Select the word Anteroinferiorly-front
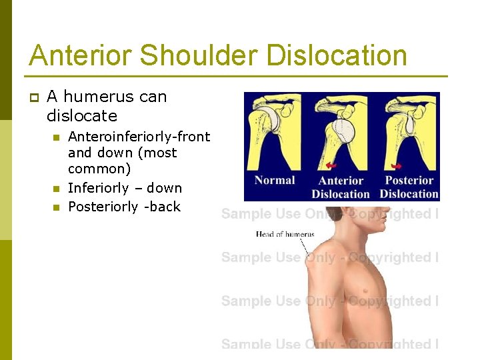[139, 137]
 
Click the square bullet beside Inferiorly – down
[55, 189]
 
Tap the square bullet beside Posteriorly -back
[55, 207]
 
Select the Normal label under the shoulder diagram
[275, 180]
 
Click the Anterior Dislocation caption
[340, 187]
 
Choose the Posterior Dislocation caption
[409, 187]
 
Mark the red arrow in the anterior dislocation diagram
[331, 165]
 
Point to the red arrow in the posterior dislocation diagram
[397, 165]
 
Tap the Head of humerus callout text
[285, 234]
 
